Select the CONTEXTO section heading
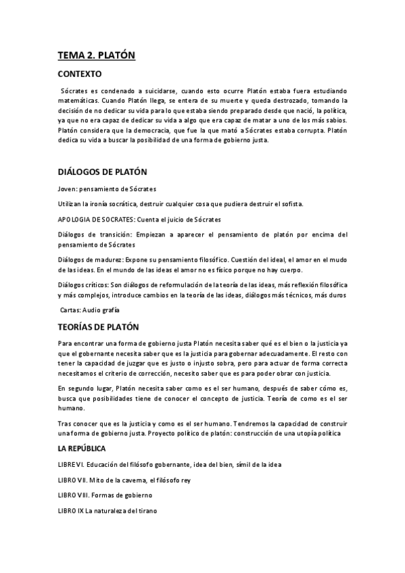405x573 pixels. click(79, 74)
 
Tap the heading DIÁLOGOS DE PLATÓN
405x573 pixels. click(101, 172)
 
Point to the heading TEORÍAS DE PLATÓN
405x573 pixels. click(97, 327)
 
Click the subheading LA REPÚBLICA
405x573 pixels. click(81, 448)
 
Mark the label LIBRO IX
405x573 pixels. click(70, 511)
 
